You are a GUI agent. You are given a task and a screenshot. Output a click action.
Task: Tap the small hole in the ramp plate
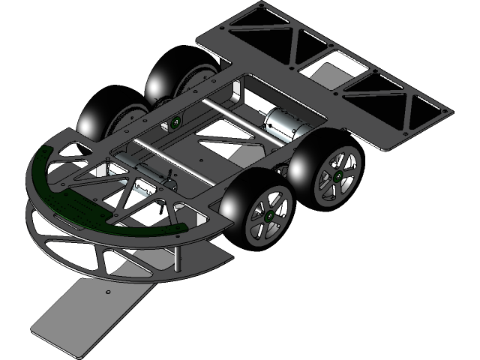pos(108,291)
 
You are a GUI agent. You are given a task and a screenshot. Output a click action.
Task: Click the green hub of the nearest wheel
pos(268,214)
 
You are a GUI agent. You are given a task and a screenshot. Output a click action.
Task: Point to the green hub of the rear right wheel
pos(337,175)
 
